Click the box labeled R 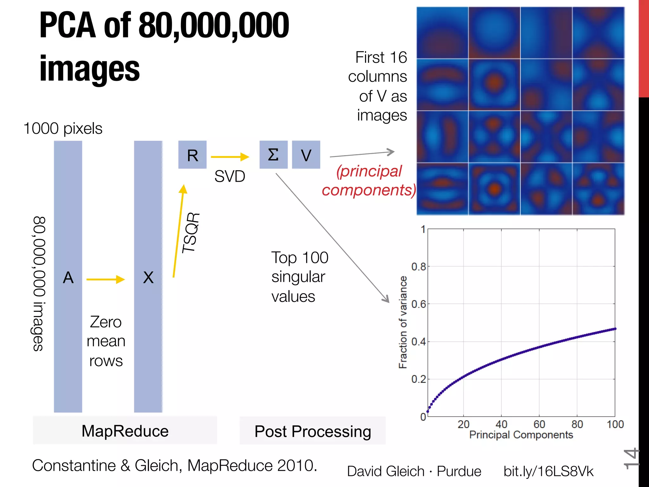point(192,155)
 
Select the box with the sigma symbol point(273,155)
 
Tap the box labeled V point(306,155)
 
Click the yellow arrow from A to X point(106,279)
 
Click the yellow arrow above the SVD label point(230,157)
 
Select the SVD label point(230,176)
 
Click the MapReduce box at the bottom point(125,431)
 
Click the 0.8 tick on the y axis point(418,267)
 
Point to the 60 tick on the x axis point(539,424)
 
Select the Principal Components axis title point(521,435)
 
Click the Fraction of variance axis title point(402,322)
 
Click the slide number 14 point(631,458)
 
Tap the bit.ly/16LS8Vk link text point(548,471)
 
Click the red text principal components point(369,181)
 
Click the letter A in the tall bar point(68,278)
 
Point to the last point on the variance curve point(615,329)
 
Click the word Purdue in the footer point(459,471)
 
